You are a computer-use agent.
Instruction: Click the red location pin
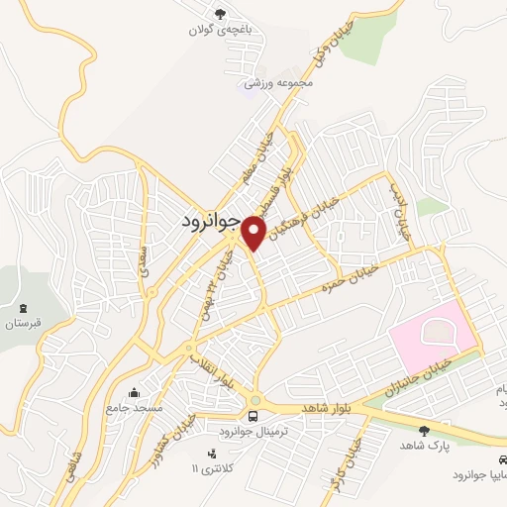[x=254, y=233]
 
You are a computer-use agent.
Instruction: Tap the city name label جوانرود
[x=211, y=222]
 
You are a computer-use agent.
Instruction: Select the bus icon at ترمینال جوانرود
[x=254, y=415]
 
